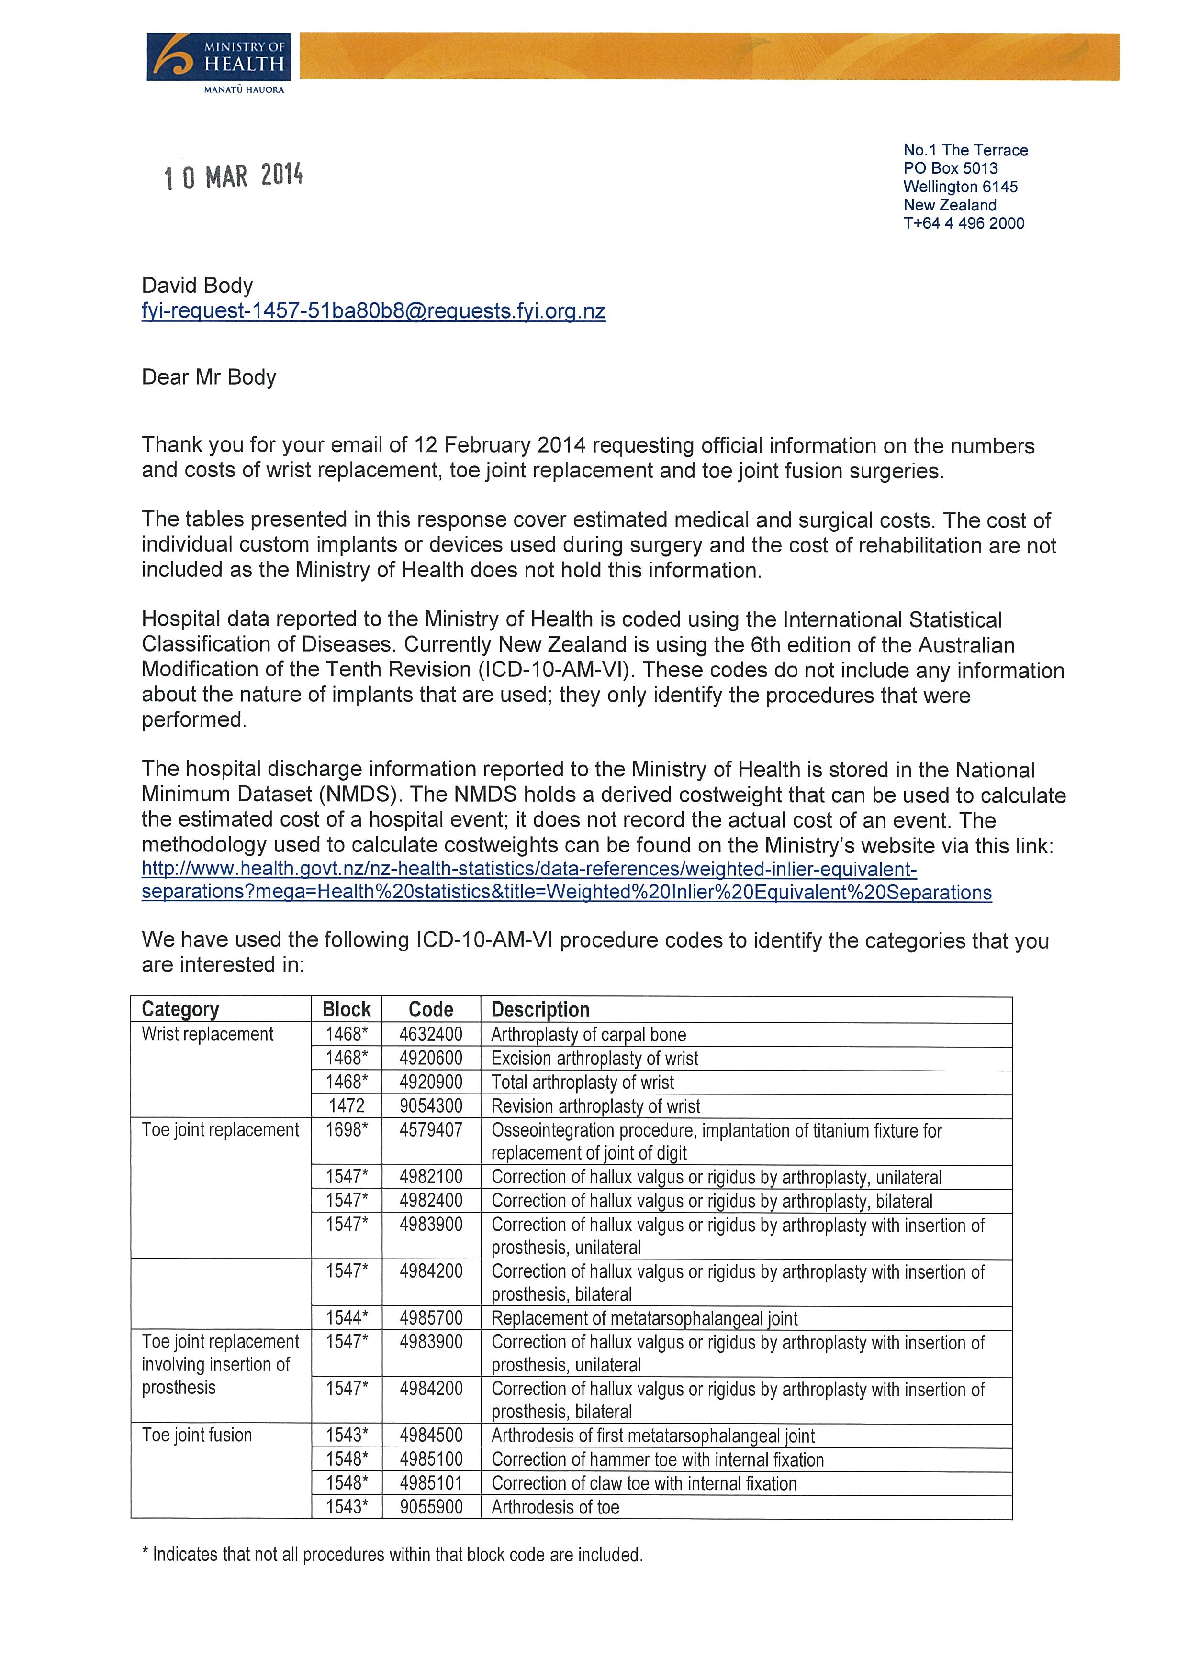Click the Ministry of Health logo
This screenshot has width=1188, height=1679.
218,63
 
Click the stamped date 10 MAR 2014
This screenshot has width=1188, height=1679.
233,176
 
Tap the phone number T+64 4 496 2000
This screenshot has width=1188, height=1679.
964,223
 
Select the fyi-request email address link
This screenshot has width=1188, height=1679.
373,311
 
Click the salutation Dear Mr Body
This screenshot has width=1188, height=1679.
209,377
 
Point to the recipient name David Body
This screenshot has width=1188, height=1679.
197,285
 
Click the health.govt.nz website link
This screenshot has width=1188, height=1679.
566,881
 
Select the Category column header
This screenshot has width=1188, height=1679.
180,1009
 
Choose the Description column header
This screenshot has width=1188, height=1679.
540,1010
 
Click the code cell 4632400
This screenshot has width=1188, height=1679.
431,1034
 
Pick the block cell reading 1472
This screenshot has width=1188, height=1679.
346,1105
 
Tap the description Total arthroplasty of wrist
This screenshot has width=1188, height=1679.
583,1083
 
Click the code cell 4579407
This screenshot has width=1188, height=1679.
431,1130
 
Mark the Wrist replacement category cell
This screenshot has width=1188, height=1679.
207,1034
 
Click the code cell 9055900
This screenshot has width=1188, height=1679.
431,1507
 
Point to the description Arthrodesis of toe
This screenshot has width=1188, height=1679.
555,1507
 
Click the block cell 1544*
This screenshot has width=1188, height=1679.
347,1318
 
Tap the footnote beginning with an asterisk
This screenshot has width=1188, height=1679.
392,1555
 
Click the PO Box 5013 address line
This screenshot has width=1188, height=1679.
950,168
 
